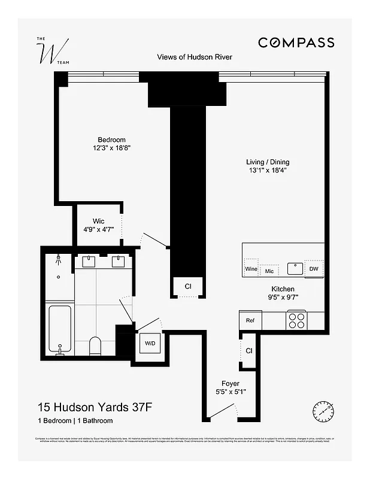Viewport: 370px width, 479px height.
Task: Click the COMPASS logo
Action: tap(296, 42)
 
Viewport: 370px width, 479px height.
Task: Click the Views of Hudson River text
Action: tap(194, 57)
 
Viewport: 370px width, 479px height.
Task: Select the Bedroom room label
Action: tap(111, 140)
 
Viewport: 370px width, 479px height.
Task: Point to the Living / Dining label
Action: tap(271, 162)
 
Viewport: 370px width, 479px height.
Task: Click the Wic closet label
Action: tap(98, 222)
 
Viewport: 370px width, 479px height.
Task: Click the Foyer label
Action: tap(231, 383)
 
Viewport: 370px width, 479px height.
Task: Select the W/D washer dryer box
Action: tap(149, 344)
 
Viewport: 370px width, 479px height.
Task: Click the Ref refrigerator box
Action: tap(250, 320)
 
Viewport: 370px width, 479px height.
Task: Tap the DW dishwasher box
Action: tap(314, 269)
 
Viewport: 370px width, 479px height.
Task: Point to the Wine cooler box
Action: tap(251, 269)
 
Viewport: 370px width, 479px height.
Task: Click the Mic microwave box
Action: tap(269, 270)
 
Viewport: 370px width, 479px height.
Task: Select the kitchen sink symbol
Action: tap(295, 268)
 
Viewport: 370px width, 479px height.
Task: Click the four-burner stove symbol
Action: tap(296, 320)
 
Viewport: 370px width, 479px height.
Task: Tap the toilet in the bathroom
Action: tap(95, 345)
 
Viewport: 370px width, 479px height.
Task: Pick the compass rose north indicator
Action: tap(323, 411)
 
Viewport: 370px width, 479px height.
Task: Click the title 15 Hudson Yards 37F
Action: tap(93, 407)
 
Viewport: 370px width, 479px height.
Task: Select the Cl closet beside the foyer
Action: tap(248, 350)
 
